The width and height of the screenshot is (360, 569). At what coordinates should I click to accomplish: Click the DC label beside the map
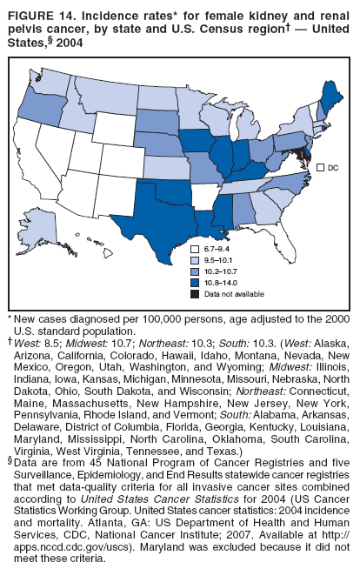tap(333, 167)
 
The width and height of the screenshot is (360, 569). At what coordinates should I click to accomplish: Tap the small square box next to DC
tap(320, 167)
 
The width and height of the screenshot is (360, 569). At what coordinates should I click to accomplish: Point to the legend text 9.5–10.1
tap(218, 261)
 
